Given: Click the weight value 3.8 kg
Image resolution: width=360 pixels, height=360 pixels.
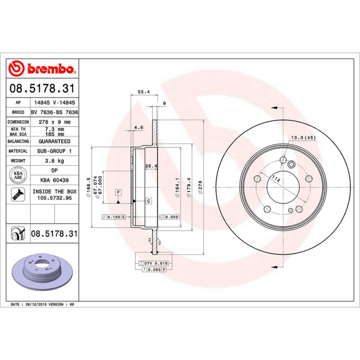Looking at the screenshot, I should point(54,161).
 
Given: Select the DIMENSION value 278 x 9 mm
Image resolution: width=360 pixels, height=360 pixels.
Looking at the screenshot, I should point(54,122).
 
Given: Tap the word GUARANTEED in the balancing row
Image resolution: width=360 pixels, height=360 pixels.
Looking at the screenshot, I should point(54,141).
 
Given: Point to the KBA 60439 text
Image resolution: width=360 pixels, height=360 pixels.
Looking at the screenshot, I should point(54,180).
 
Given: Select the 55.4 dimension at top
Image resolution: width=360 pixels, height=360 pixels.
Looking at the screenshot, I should point(143,92).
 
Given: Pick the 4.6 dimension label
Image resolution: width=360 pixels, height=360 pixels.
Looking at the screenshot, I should point(139,128).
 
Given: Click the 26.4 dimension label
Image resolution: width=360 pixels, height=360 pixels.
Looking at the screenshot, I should point(151,166).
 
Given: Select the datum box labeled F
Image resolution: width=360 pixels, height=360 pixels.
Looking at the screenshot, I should point(118,193).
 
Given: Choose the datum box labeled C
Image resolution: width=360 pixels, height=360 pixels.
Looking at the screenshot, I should point(148,201).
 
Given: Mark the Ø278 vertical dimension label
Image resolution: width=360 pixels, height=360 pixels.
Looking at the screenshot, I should point(201,187).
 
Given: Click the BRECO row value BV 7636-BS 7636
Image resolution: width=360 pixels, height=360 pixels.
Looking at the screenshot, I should point(54,112).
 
